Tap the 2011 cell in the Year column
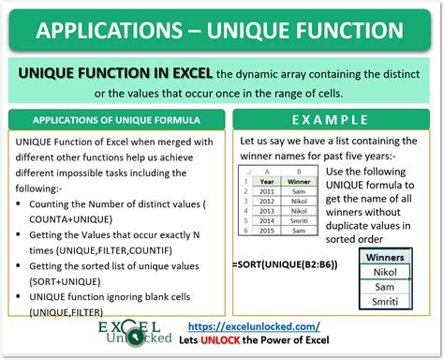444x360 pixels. click(x=267, y=190)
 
